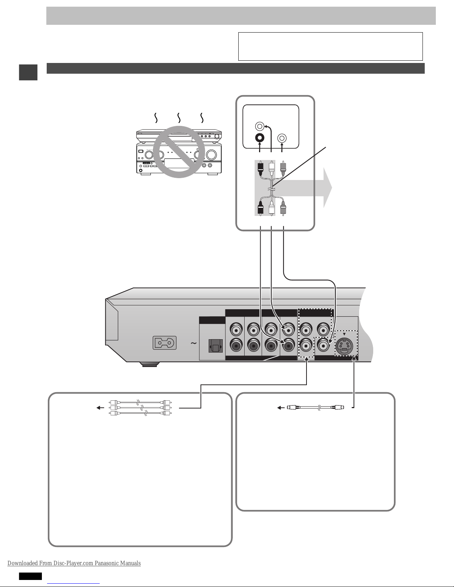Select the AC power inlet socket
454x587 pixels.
[x=165, y=343]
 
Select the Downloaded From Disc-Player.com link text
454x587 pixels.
[x=74, y=563]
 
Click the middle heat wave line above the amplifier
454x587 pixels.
[x=179, y=118]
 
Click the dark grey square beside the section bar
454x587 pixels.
[x=28, y=72]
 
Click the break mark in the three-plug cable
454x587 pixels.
[x=272, y=189]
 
